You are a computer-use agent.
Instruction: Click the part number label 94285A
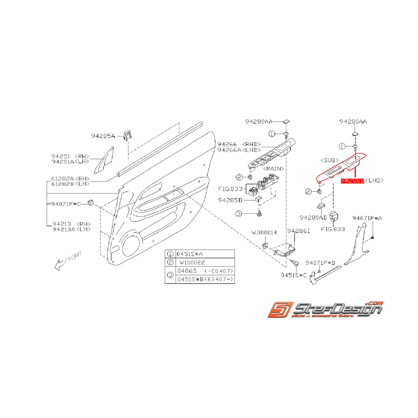pos(103,135)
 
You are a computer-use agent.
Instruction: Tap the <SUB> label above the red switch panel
pos(329,159)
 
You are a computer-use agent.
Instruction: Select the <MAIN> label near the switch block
pos(274,169)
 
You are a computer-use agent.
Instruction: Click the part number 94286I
pos(298,230)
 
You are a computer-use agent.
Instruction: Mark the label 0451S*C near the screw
pos(294,275)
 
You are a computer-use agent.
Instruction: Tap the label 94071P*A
pos(367,218)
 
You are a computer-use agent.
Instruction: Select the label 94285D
pos(230,200)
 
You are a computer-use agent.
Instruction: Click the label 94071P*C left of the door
pos(66,204)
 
